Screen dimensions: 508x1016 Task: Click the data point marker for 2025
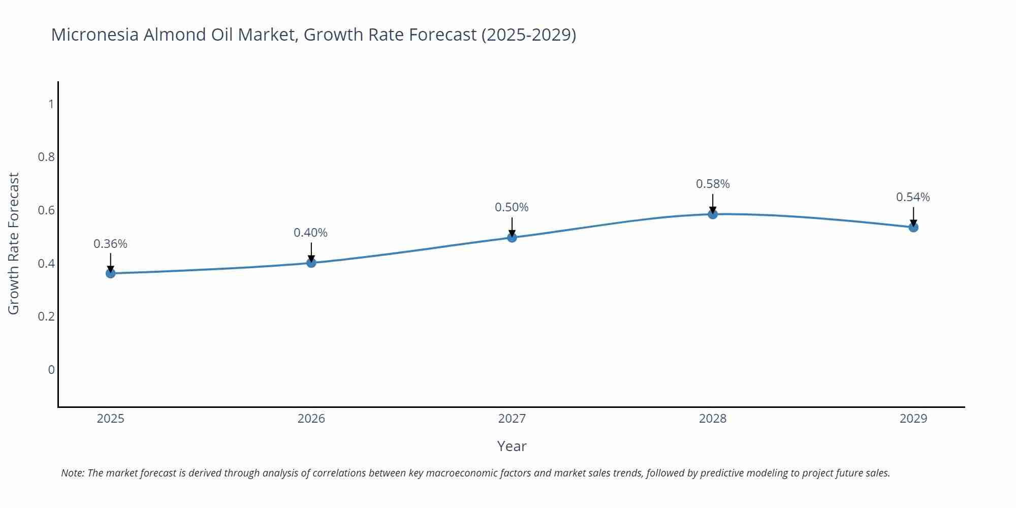111,273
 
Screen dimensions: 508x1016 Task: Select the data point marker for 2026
311,263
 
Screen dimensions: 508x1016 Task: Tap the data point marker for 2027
512,237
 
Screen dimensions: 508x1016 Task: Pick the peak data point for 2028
713,214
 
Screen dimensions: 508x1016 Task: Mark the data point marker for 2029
913,227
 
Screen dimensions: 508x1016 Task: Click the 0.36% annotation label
110,244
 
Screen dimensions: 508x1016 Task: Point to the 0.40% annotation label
310,233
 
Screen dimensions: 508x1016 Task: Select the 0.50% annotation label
512,207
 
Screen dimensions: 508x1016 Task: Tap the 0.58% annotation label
713,184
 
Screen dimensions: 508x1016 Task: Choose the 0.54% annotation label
913,197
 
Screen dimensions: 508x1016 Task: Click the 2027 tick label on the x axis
512,419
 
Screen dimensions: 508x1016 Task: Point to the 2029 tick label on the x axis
913,419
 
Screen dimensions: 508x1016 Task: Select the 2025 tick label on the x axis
111,419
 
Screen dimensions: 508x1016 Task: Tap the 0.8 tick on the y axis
46,157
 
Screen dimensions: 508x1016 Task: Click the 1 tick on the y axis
51,104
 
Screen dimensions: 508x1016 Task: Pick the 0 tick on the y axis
51,370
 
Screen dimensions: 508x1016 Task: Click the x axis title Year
512,446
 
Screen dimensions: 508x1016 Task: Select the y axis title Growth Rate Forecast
14,243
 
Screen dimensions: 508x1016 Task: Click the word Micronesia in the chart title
95,35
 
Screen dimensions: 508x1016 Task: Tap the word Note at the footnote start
72,473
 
